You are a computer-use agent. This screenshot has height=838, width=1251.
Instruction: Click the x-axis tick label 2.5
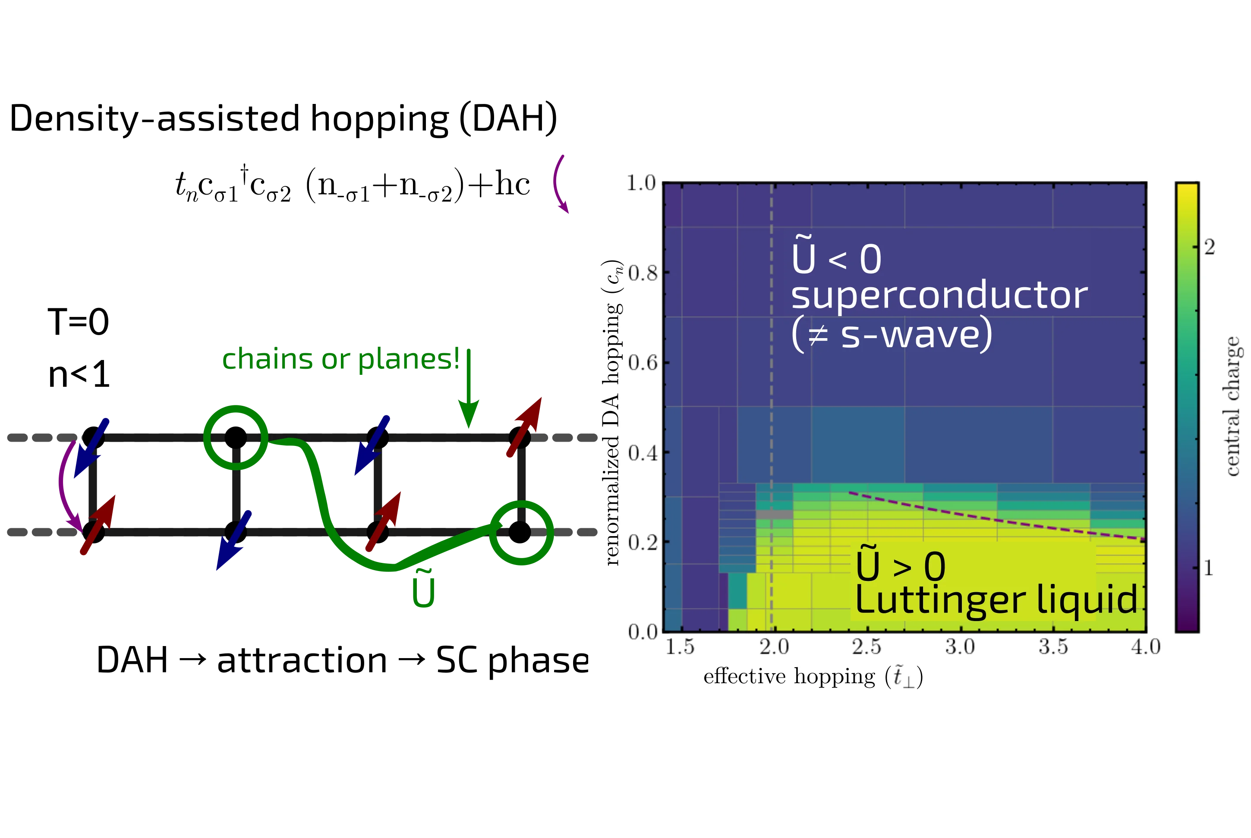coord(867,647)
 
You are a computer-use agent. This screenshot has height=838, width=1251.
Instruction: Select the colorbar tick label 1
coord(1209,568)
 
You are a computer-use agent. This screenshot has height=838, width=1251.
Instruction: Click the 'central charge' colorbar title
coord(1232,406)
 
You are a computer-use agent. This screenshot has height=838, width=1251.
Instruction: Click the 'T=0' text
coord(78,322)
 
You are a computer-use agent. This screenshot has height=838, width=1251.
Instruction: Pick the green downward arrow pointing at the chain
coord(469,388)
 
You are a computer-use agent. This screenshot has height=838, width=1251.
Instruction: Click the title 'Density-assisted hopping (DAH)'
coord(284,118)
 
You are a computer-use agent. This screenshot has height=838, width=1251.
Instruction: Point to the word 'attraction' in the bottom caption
coord(302,661)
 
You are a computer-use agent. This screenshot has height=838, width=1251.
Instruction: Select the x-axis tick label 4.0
coord(1146,647)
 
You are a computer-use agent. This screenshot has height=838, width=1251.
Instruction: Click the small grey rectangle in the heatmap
coord(774,514)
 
